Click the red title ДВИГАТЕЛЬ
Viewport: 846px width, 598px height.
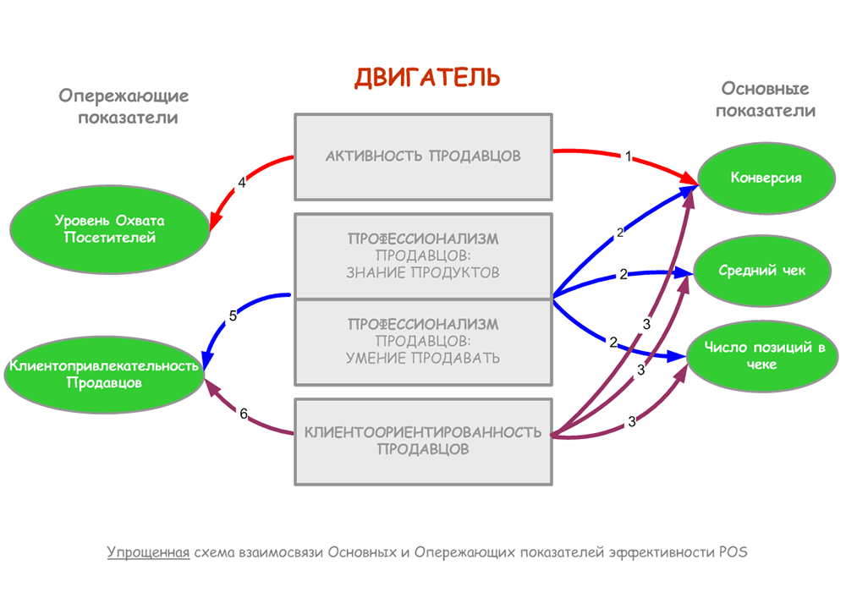[x=427, y=77]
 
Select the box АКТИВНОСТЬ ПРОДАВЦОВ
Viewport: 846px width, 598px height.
[x=424, y=156]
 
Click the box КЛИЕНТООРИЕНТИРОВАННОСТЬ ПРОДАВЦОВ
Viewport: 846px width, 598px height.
[x=423, y=441]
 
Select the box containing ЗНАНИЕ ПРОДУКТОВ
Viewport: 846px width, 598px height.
[x=423, y=255]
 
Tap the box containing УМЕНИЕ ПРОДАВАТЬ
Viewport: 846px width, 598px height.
[x=423, y=341]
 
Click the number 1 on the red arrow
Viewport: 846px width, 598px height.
[x=629, y=156]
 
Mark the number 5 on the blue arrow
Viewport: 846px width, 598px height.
[x=233, y=315]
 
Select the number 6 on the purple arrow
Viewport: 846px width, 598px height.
[x=244, y=414]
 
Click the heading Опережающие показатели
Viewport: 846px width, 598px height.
[x=124, y=106]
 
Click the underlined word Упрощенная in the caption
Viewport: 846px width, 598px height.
[x=148, y=552]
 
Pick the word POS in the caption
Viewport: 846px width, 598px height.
[x=733, y=552]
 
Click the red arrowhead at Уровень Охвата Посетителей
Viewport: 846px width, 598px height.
[x=212, y=222]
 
